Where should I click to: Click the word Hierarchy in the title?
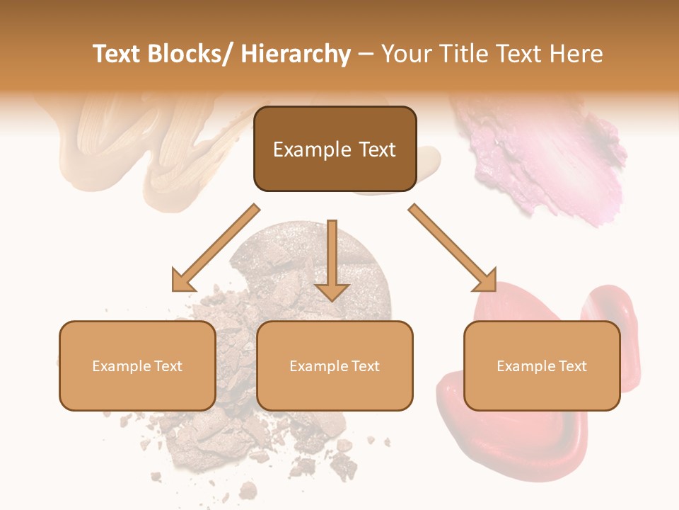pyautogui.click(x=296, y=55)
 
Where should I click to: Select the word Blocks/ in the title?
pyautogui.click(x=190, y=55)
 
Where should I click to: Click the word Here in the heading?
pyautogui.click(x=574, y=55)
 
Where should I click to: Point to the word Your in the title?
pyautogui.click(x=407, y=55)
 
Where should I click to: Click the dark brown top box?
pyautogui.click(x=335, y=149)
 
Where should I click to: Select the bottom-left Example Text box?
pyautogui.click(x=137, y=365)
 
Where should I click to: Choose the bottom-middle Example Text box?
pyautogui.click(x=335, y=365)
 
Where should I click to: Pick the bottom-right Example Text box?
pyautogui.click(x=542, y=365)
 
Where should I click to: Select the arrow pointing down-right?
pyautogui.click(x=453, y=248)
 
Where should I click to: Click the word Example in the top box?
pyautogui.click(x=302, y=149)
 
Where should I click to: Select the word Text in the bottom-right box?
pyautogui.click(x=572, y=366)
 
